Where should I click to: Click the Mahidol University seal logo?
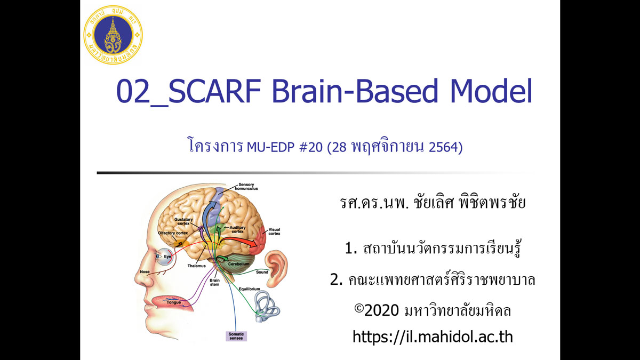tap(113, 35)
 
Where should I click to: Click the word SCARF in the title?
tap(215, 91)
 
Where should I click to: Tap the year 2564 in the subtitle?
tap(446, 147)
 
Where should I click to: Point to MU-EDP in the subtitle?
tap(270, 147)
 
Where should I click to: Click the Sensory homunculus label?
tap(246, 187)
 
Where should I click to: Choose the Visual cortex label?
tap(274, 231)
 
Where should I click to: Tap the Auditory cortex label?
tap(237, 229)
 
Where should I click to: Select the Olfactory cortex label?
tap(173, 233)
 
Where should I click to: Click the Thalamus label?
tap(197, 266)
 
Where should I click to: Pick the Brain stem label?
tap(214, 282)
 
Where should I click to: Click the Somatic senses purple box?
tap(236, 336)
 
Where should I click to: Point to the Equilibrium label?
tap(250, 289)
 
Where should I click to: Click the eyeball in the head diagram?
tap(164, 257)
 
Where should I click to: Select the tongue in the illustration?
tap(171, 303)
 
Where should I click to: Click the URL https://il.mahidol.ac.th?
tap(433, 337)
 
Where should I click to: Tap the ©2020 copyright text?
tap(433, 310)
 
